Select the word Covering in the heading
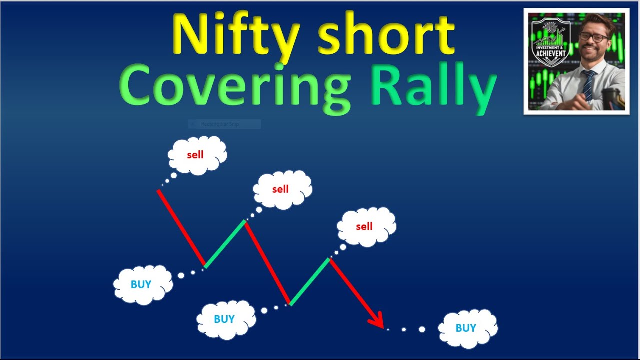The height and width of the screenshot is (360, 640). click(x=235, y=87)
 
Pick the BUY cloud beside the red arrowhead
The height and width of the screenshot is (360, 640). click(x=467, y=328)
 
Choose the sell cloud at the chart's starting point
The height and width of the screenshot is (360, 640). click(x=196, y=155)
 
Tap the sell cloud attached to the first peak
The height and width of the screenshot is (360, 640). click(x=281, y=189)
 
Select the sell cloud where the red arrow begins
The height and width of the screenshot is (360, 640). click(x=365, y=227)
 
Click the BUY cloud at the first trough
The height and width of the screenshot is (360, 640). click(x=142, y=285)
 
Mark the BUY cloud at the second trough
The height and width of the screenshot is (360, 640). click(x=225, y=319)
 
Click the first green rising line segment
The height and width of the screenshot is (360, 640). click(x=225, y=243)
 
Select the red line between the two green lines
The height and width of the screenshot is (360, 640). click(x=268, y=262)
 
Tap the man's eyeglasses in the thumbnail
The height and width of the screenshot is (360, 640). click(x=594, y=37)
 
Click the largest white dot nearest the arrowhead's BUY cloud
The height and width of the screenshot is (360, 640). click(x=422, y=329)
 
